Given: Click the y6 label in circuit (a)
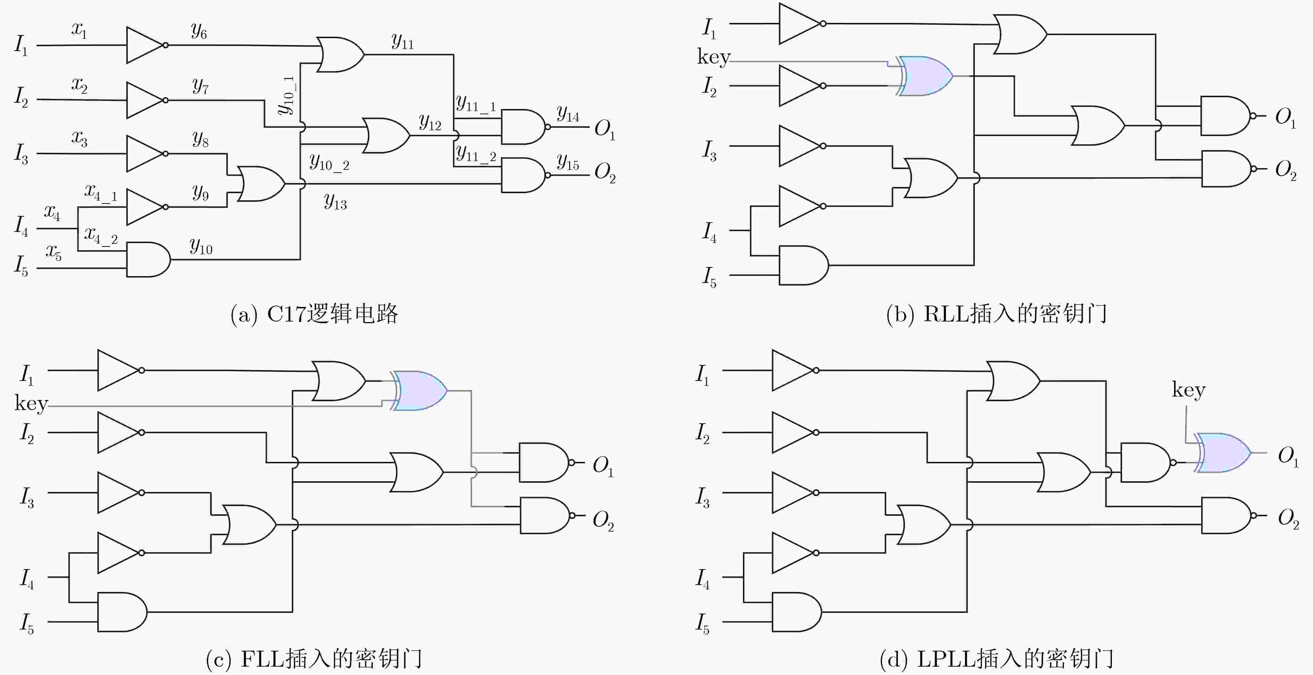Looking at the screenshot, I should click(x=199, y=32).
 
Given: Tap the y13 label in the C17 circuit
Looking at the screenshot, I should click(x=336, y=201).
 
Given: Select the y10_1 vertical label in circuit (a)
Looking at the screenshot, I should click(x=287, y=96).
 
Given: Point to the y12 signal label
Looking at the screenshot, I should click(x=430, y=122).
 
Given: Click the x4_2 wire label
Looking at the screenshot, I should click(x=101, y=235).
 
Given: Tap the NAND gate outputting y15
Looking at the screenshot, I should click(x=524, y=175).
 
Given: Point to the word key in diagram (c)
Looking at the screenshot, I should click(x=31, y=403).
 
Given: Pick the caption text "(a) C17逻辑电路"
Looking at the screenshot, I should click(x=314, y=314).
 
